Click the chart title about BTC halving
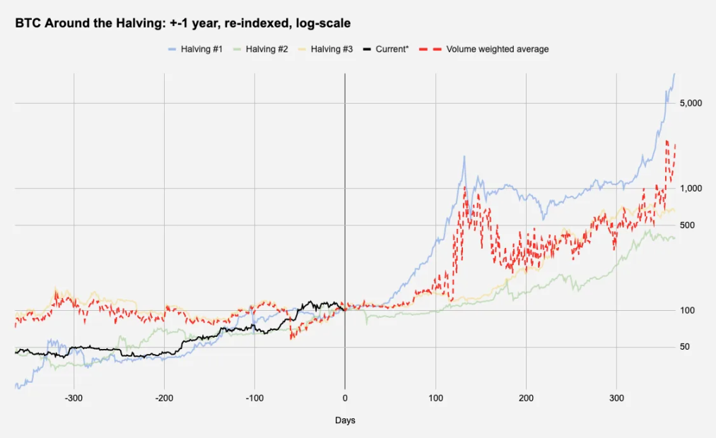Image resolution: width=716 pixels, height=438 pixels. point(182,23)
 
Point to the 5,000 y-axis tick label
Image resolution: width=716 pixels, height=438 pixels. point(691,103)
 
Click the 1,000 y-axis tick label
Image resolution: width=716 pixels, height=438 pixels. point(691,189)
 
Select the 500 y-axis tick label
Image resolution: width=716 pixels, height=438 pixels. point(687,225)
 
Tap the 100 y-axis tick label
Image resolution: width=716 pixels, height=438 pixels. point(687,311)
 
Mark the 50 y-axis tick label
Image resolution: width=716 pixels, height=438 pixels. point(685,347)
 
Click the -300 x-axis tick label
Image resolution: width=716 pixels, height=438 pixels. point(74,398)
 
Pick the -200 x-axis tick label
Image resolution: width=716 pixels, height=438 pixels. point(164,398)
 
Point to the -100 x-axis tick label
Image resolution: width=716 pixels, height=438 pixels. point(254,398)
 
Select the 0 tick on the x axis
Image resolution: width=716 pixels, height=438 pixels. point(345,398)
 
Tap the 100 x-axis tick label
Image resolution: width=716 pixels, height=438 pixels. point(435,398)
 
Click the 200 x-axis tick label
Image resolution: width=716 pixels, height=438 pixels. point(526,398)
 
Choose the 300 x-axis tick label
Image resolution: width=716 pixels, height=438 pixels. point(616,398)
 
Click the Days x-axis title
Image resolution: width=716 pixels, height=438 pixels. point(345,420)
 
